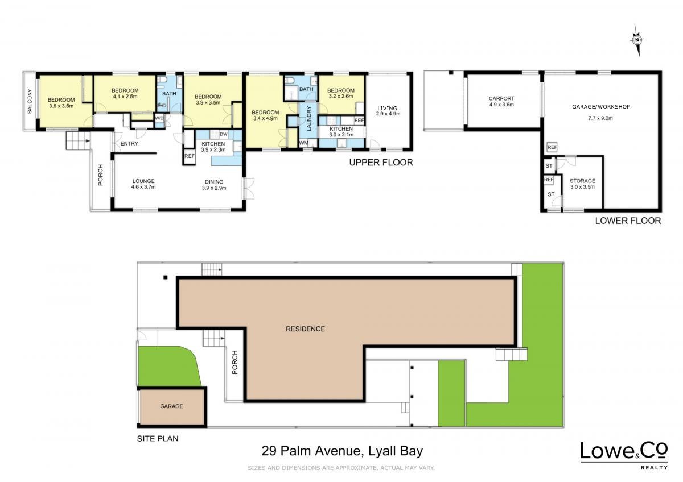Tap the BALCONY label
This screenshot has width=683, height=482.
30,101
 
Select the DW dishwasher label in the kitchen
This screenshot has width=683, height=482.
223,134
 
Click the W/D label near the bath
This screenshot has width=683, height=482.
159,118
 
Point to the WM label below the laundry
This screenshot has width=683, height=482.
303,143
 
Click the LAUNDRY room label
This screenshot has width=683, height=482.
309,118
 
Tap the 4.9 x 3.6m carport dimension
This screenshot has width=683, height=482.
501,105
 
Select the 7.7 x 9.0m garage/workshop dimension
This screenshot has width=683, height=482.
600,118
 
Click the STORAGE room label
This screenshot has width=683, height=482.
582,181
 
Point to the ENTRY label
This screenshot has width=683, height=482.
129,143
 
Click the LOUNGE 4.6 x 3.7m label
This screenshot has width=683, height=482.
143,184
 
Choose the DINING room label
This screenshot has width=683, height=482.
214,182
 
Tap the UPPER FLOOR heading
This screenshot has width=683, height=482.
381,163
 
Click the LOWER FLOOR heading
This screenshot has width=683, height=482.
628,221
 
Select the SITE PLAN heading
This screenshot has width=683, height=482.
158,438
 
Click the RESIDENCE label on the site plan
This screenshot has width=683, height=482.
305,329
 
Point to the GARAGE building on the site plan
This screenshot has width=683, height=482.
172,407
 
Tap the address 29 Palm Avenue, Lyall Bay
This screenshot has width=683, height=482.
342,451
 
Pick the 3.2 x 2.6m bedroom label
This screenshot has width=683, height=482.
341,96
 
